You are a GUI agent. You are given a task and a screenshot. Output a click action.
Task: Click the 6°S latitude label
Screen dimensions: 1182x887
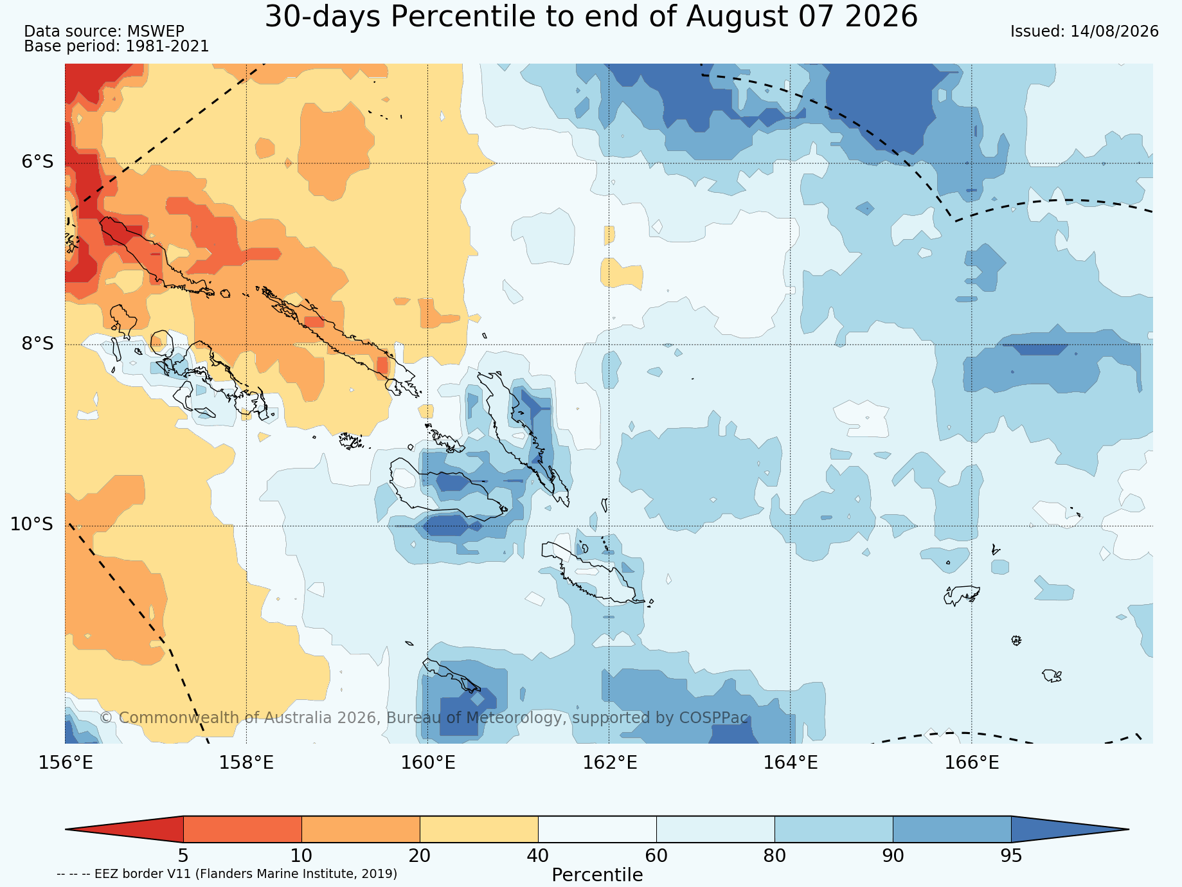[x=38, y=162]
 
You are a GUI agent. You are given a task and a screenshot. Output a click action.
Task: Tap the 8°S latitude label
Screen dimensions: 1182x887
[x=38, y=343]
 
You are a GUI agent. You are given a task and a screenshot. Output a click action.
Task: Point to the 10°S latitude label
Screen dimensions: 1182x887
[x=32, y=524]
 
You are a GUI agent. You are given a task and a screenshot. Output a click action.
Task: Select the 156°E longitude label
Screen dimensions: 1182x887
[x=66, y=763]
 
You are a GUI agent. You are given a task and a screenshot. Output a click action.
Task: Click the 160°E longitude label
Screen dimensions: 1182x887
[x=428, y=763]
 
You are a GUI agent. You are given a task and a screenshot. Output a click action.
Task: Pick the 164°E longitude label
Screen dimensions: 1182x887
[x=791, y=763]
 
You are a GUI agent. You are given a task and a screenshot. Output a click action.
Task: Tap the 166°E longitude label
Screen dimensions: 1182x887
[x=972, y=763]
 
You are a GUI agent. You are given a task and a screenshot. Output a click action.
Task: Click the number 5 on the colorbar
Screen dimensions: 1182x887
[x=183, y=856]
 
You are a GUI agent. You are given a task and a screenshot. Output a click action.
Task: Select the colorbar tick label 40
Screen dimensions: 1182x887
[x=538, y=856]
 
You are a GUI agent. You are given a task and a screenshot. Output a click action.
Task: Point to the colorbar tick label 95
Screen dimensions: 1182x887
[x=1011, y=856]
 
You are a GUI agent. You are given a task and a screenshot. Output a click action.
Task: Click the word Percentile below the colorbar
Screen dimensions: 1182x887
[x=597, y=875]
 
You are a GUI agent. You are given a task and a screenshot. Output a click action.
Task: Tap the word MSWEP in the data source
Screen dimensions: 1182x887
[x=156, y=31]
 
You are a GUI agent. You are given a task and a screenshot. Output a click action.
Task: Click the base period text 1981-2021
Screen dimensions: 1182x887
[x=167, y=46]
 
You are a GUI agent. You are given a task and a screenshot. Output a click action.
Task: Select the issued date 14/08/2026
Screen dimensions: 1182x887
[x=1115, y=31]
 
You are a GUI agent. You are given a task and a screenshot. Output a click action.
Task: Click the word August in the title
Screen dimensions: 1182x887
[x=725, y=17]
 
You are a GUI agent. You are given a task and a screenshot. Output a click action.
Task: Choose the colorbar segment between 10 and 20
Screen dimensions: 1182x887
[x=361, y=829]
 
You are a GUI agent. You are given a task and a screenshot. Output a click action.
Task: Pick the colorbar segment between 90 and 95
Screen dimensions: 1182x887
[x=952, y=829]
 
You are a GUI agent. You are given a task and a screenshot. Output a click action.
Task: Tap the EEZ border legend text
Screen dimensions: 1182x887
[x=227, y=874]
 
